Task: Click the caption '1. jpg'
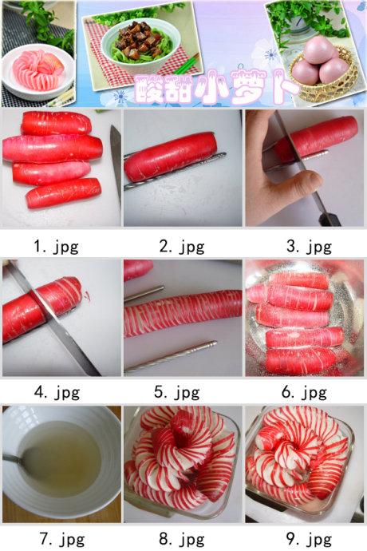(56, 247)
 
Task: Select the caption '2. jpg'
(182, 247)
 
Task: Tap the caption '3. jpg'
(309, 247)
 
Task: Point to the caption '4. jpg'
(57, 393)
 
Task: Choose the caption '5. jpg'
(176, 393)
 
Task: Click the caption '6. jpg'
(304, 393)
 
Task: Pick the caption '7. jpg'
(61, 538)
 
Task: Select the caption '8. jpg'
(182, 538)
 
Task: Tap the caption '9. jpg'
(309, 538)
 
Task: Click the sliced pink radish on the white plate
(38, 70)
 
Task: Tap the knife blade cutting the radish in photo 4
(53, 318)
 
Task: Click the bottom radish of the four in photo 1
(64, 192)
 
